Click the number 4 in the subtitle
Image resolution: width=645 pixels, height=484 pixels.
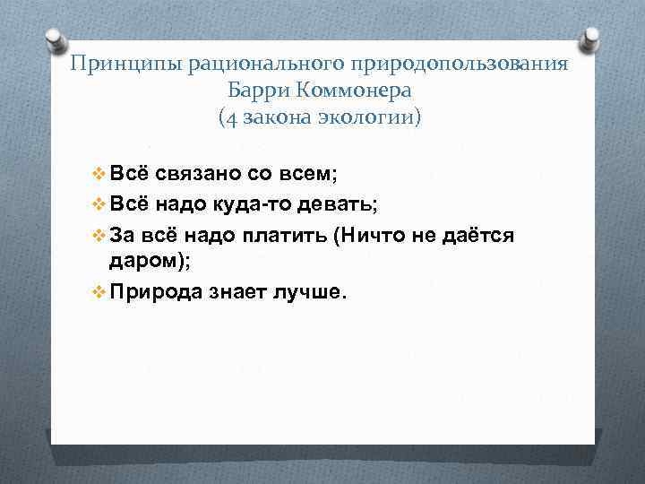click(x=231, y=117)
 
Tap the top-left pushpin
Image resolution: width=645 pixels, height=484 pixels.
click(x=53, y=40)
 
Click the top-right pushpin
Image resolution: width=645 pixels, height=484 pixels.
click(x=591, y=40)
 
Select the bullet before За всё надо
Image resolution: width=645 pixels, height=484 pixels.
click(x=99, y=234)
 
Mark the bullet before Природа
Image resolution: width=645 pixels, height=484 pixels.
click(x=99, y=293)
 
